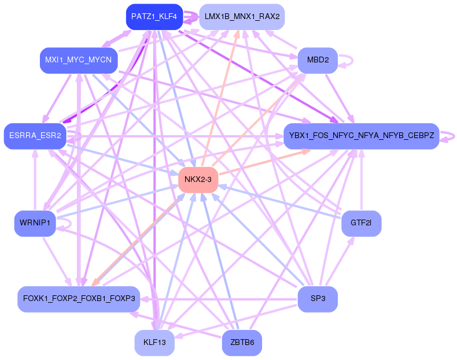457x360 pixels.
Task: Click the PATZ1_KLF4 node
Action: (x=154, y=17)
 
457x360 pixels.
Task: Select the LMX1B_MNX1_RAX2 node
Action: (x=242, y=17)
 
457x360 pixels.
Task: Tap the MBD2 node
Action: (x=318, y=60)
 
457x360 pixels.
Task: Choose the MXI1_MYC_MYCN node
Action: (x=79, y=60)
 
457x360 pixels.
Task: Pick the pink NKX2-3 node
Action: (x=198, y=180)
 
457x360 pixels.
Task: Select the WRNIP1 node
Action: (x=35, y=223)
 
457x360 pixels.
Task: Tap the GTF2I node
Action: (x=361, y=223)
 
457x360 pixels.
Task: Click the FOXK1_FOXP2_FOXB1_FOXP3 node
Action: (x=79, y=299)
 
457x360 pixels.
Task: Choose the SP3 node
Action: (x=318, y=299)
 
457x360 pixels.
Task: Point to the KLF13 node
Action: (x=154, y=343)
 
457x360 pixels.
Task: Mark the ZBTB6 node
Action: (x=242, y=343)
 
